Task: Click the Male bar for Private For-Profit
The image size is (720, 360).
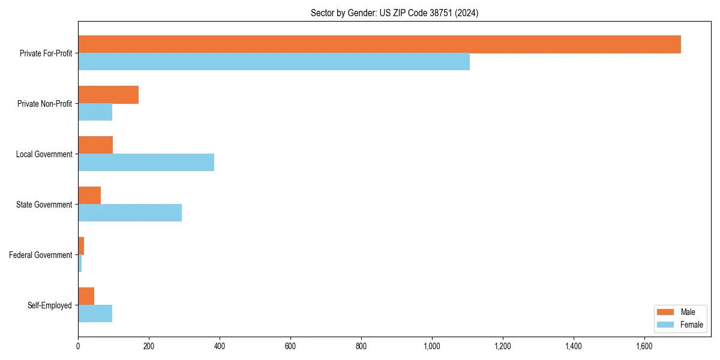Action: tap(379, 44)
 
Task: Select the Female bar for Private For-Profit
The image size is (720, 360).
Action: tap(274, 62)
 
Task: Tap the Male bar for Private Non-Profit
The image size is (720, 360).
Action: tap(108, 95)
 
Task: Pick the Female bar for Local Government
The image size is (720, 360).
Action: tap(146, 163)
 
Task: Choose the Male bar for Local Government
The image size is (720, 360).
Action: tap(95, 145)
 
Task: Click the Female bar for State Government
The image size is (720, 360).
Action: tap(130, 213)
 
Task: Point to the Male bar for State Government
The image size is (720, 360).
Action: tap(89, 196)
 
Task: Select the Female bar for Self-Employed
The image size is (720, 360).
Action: tap(95, 314)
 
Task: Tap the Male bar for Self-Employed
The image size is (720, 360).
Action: tap(86, 296)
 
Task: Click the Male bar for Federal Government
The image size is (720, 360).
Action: tap(81, 246)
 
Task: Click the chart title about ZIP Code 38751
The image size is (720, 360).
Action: tap(394, 13)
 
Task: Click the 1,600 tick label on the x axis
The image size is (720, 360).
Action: tap(644, 346)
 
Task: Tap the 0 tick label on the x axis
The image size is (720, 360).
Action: tap(78, 346)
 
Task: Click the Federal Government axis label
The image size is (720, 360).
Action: tap(41, 255)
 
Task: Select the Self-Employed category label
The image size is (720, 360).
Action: tap(50, 305)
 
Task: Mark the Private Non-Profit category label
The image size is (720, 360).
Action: tap(44, 104)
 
